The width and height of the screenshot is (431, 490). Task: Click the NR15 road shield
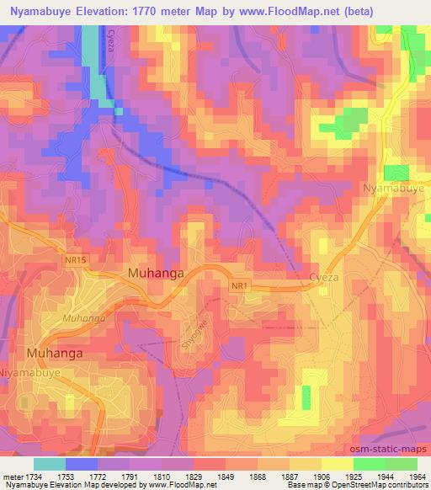click(75, 261)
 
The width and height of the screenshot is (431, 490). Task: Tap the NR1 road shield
click(241, 286)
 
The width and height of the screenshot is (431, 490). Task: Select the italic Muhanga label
click(83, 318)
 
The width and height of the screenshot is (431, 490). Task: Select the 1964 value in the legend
click(418, 476)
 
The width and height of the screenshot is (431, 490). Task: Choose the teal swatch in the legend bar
click(50, 464)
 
